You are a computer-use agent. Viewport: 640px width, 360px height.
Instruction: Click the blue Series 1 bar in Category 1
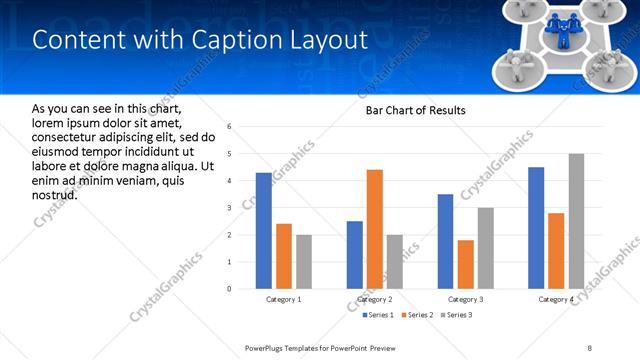264,231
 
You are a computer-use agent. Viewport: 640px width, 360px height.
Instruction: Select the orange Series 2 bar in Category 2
375,229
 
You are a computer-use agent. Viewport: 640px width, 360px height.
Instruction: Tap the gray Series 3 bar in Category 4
576,221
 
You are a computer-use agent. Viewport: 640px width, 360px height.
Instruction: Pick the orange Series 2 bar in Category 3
466,264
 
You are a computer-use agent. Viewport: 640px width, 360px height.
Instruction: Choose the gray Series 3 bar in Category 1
304,262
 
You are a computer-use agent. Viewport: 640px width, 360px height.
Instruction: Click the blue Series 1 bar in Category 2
355,255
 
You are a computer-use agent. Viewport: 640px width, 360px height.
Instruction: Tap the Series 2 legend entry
417,315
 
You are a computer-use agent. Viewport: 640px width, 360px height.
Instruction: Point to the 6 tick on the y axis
230,127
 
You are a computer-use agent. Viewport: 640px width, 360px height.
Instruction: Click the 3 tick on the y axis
230,208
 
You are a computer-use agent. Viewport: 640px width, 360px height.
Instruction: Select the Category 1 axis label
284,299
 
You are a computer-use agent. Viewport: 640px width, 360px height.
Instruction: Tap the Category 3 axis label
466,299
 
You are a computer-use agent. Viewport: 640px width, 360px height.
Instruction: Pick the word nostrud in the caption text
55,193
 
